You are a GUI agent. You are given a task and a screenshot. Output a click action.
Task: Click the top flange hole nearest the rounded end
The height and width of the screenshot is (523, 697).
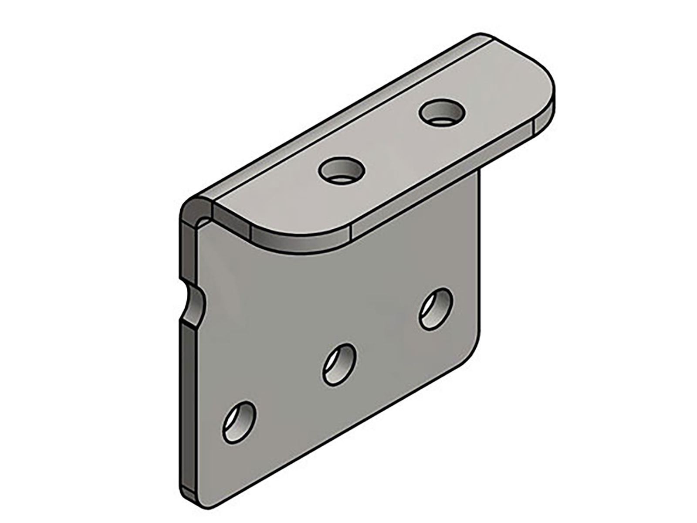(x=441, y=112)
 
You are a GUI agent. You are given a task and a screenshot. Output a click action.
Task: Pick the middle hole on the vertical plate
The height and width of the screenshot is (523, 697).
(x=339, y=364)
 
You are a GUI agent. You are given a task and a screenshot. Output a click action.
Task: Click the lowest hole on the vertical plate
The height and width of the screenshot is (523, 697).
(x=238, y=421)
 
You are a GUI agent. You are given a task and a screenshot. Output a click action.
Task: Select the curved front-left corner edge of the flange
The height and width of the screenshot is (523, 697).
(x=301, y=245)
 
